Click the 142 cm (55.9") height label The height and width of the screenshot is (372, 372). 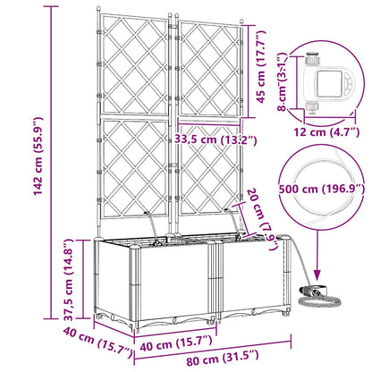pyautogui.click(x=38, y=156)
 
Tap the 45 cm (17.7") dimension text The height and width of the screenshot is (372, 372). pyautogui.click(x=261, y=67)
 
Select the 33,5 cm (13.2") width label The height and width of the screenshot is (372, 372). pyautogui.click(x=216, y=139)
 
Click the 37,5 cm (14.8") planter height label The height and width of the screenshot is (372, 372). pyautogui.click(x=69, y=279)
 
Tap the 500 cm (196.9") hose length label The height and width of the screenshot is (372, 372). pyautogui.click(x=322, y=189)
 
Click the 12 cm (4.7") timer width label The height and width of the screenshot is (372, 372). pyautogui.click(x=326, y=131)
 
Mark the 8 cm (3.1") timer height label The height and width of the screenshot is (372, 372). pyautogui.click(x=283, y=82)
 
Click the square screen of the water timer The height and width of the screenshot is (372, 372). pyautogui.click(x=330, y=83)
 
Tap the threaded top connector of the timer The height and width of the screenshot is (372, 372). pyautogui.click(x=312, y=58)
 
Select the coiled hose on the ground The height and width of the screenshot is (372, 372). pyautogui.click(x=320, y=296)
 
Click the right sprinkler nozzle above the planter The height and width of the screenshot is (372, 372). pyautogui.click(x=227, y=211)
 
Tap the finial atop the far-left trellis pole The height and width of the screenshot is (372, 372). pyautogui.click(x=98, y=9)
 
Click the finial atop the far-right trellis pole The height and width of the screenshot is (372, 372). pyautogui.click(x=242, y=21)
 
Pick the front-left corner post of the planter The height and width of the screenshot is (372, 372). pyautogui.click(x=134, y=287)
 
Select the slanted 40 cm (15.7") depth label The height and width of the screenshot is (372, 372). pyautogui.click(x=97, y=342)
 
